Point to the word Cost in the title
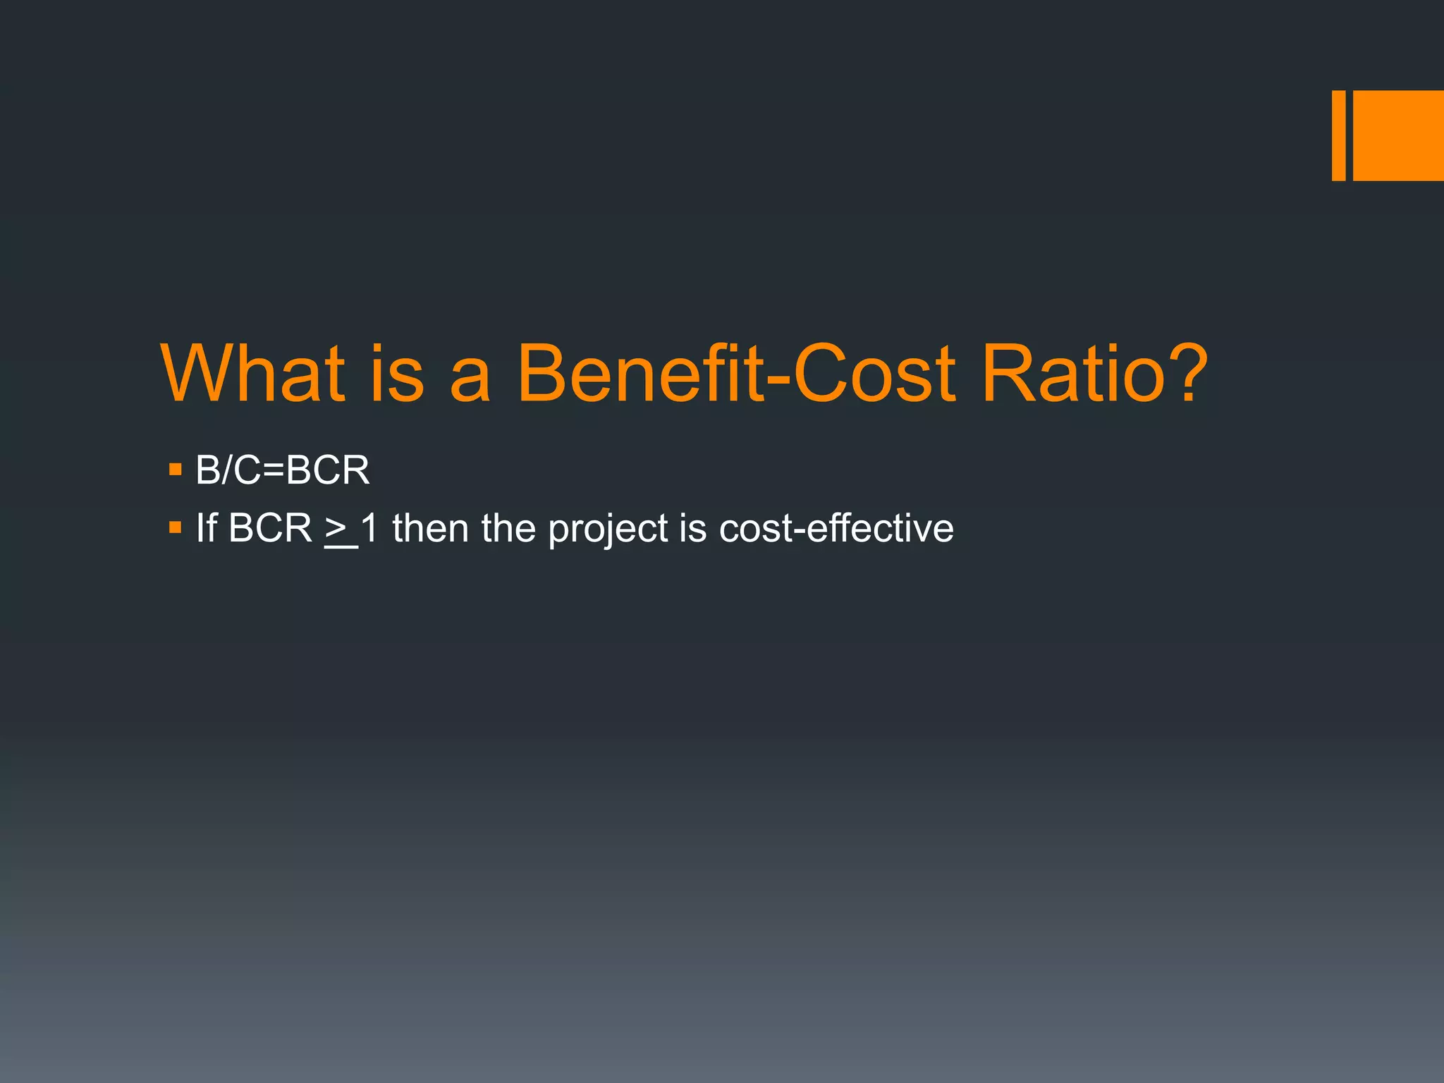[x=874, y=373]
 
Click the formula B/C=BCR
[x=282, y=470]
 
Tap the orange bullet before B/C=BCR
[x=176, y=469]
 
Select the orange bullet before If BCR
[x=176, y=527]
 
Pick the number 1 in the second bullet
[x=369, y=528]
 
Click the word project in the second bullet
[x=608, y=530]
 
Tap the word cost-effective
[x=836, y=528]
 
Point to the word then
[x=430, y=528]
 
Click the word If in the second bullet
[x=206, y=528]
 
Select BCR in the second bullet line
[x=270, y=528]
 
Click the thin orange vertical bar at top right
[x=1338, y=135]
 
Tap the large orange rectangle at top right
[x=1398, y=135]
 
